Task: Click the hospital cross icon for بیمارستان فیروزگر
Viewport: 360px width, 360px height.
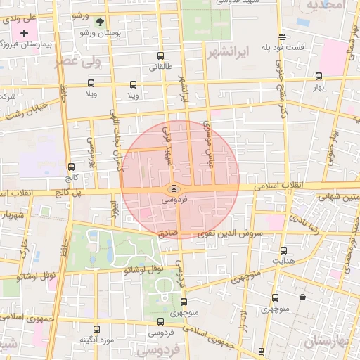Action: point(26,33)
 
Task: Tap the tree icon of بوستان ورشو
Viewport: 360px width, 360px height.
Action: point(99,22)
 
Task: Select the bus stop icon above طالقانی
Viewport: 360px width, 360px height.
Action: point(161,56)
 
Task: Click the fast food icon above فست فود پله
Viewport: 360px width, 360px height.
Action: point(282,37)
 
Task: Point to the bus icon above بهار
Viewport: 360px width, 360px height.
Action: point(319,76)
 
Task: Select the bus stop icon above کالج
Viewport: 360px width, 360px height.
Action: point(70,167)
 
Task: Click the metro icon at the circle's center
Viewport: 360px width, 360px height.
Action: point(173,188)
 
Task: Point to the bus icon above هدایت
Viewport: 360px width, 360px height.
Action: point(283,250)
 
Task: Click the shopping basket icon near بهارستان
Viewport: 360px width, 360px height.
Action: point(302,297)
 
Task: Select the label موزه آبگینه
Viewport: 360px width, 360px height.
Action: point(96,340)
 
